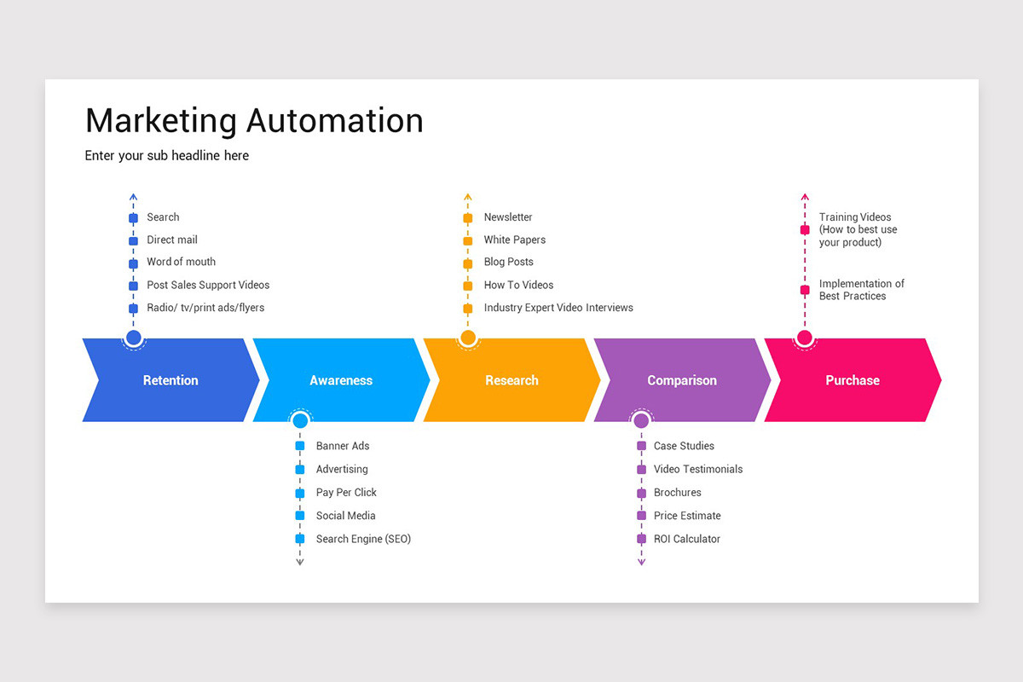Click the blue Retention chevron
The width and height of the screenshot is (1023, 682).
[170, 380]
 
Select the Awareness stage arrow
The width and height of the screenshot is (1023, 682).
[341, 380]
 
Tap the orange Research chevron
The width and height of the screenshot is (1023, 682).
[511, 380]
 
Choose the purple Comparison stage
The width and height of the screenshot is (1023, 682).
[682, 380]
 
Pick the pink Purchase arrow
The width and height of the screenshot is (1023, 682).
[852, 380]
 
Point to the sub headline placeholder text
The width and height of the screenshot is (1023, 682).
[167, 156]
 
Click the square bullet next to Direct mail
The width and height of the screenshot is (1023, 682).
[133, 240]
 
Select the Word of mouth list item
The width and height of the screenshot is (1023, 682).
[181, 262]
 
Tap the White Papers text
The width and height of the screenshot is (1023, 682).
[514, 240]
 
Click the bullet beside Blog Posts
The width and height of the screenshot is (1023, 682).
[467, 263]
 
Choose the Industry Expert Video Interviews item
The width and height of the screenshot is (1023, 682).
[558, 308]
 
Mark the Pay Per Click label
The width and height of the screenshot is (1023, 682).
[346, 493]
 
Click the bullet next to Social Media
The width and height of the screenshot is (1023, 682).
[300, 516]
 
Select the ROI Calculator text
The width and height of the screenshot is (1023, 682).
[686, 539]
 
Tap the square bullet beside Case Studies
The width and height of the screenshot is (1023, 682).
[641, 446]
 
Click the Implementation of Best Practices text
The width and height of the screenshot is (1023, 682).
[861, 290]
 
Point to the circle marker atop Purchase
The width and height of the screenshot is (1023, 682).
[804, 338]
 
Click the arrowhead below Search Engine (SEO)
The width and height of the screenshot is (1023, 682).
[300, 562]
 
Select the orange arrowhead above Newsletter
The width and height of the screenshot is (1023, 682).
[467, 198]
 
